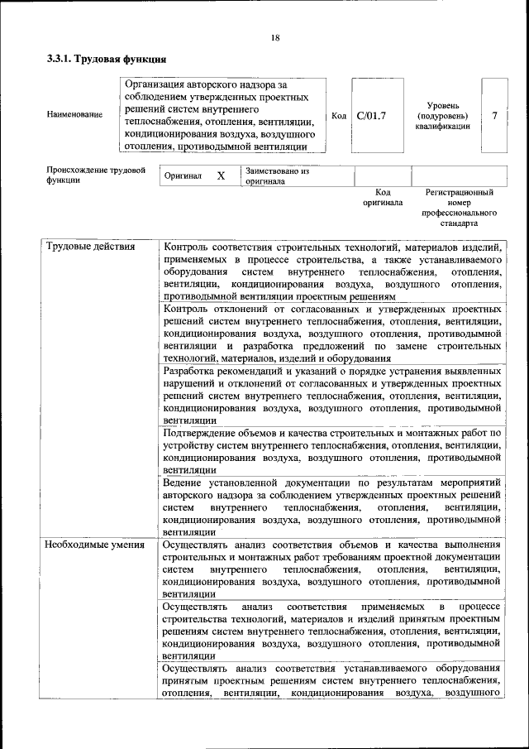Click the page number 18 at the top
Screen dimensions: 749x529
[274, 37]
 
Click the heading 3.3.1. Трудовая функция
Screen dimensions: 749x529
[107, 60]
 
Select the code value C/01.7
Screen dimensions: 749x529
[371, 116]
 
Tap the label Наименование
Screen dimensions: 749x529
[75, 115]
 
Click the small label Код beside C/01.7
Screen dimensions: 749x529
[338, 116]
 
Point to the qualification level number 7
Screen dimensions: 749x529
[494, 116]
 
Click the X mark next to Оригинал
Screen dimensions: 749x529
[221, 176]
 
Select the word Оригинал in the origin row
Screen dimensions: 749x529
[183, 176]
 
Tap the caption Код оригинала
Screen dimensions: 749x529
[382, 197]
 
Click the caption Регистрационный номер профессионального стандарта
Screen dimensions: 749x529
[459, 208]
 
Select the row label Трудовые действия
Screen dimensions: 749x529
[91, 247]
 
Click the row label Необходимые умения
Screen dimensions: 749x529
[95, 545]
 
